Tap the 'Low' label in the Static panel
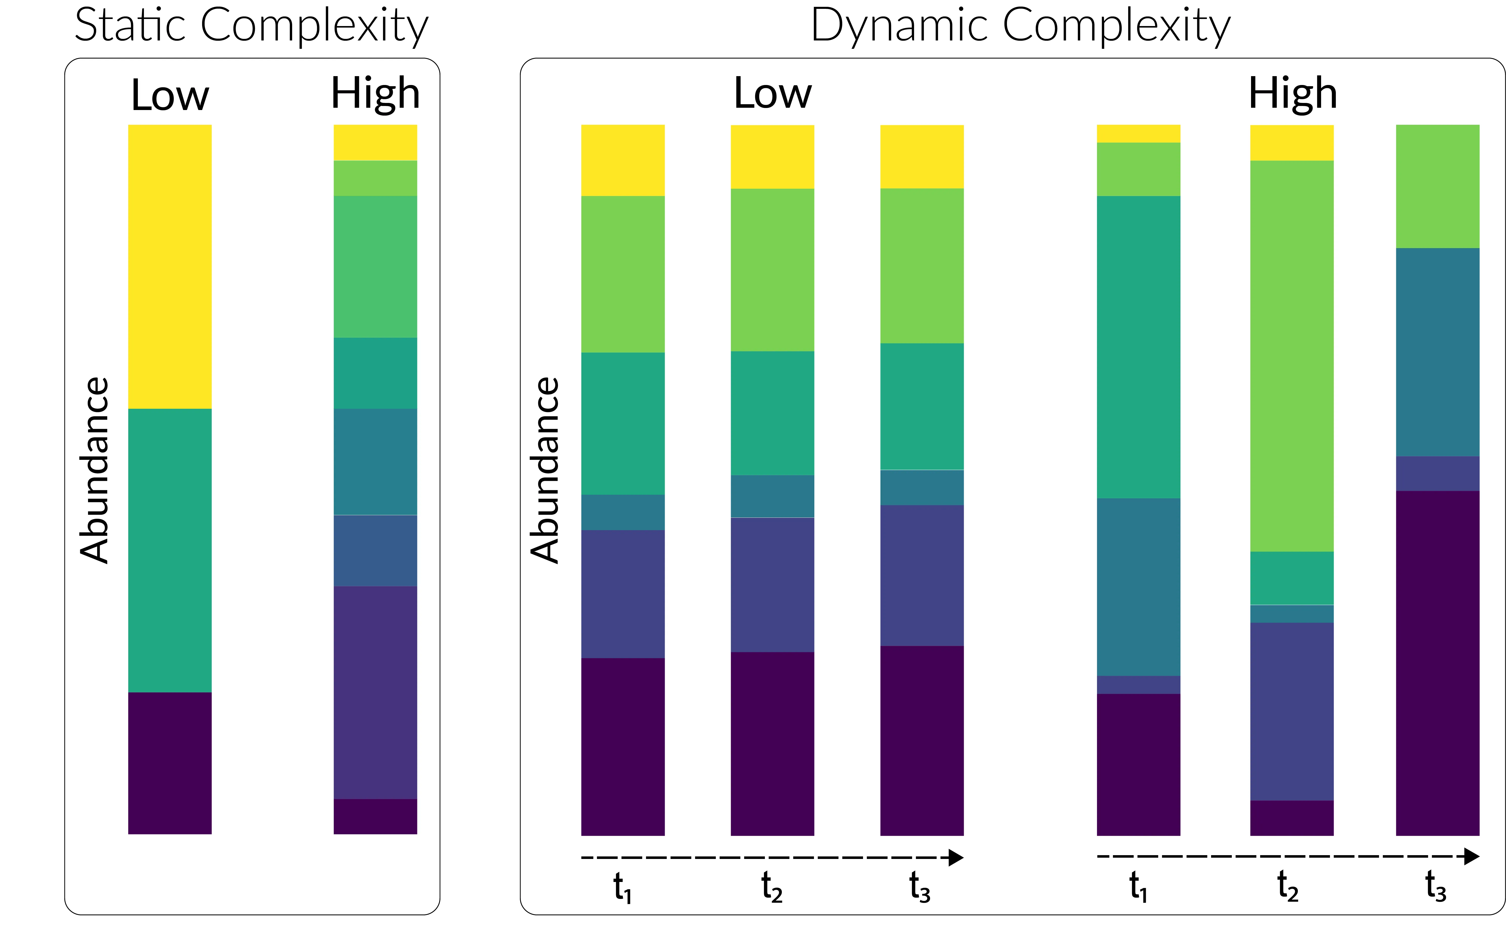click(170, 95)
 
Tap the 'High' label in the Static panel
click(375, 94)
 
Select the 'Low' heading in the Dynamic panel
click(773, 94)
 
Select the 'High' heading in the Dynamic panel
click(1293, 94)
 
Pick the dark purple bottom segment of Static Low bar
click(170, 763)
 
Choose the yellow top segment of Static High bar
click(375, 142)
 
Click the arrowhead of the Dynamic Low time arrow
click(956, 857)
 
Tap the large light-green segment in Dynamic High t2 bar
click(1292, 356)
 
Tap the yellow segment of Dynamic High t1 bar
click(1138, 134)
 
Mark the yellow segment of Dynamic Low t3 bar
click(922, 157)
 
